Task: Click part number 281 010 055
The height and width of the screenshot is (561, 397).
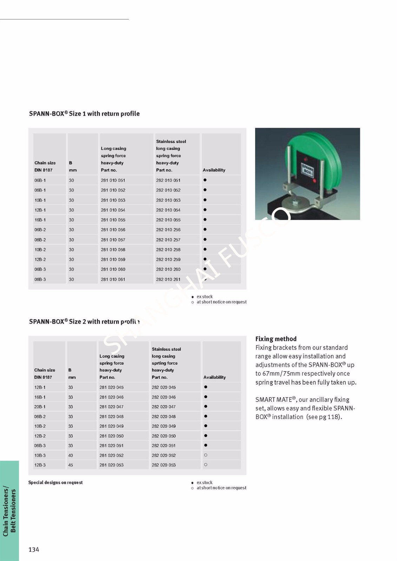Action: point(113,220)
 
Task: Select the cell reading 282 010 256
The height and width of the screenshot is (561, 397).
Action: point(168,230)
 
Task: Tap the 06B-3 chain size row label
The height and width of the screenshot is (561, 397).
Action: point(40,269)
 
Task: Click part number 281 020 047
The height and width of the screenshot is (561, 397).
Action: point(111,407)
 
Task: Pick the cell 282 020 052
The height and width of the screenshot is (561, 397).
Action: point(164,455)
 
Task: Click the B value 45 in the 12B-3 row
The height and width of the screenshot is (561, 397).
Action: point(71,465)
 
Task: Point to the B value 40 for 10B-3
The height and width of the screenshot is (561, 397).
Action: point(71,455)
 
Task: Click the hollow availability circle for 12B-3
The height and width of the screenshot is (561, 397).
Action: point(206,465)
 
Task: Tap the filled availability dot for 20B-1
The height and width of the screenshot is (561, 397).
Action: point(206,406)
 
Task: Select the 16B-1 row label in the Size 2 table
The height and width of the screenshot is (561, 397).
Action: point(40,397)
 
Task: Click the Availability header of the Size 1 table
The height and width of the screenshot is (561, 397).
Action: point(214,170)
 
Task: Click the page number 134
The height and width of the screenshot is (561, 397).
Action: point(34,549)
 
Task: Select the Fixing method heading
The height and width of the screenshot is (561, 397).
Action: point(276,339)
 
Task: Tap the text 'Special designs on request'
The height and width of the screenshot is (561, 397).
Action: point(55,482)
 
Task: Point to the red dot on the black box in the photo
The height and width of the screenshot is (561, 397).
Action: point(314,181)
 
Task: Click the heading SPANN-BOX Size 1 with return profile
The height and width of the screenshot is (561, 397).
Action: point(84,114)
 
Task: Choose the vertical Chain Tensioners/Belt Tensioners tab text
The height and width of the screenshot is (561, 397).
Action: point(9,511)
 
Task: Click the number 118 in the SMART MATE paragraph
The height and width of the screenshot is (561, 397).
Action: point(332,417)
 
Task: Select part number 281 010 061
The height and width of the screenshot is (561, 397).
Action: point(113,279)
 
